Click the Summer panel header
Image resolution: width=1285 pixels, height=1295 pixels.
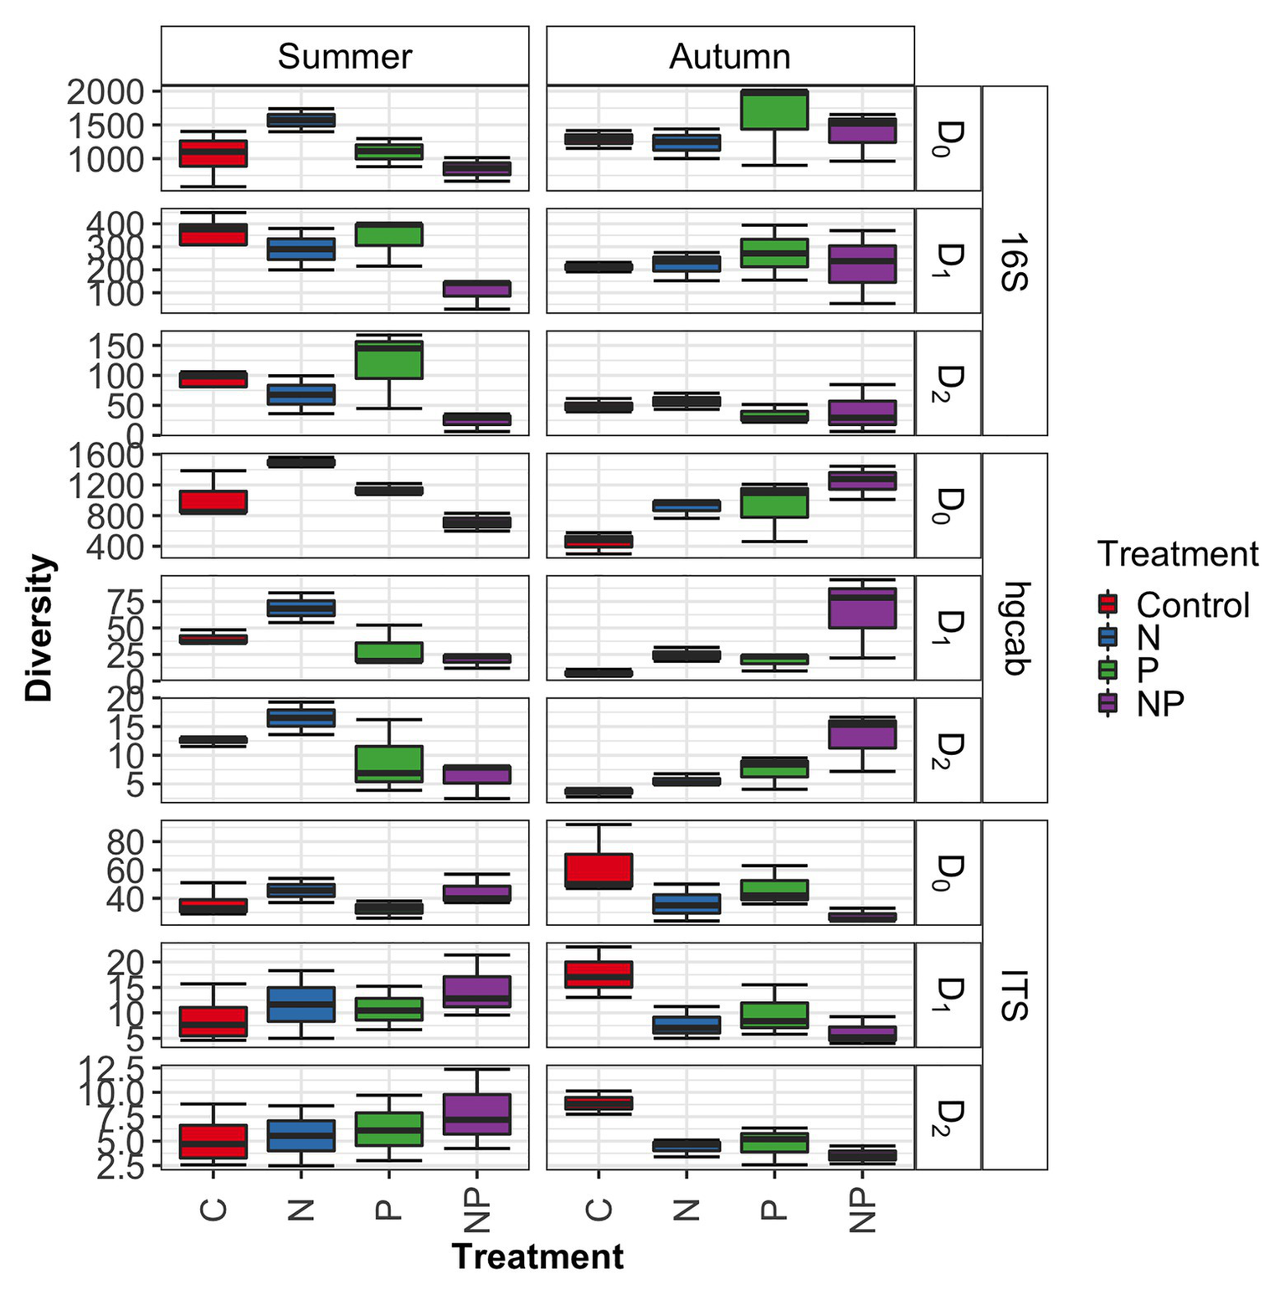(344, 56)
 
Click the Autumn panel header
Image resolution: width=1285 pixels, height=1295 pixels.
(729, 56)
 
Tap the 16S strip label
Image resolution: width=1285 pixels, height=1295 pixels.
(1014, 261)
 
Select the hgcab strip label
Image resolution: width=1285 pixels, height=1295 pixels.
(1014, 628)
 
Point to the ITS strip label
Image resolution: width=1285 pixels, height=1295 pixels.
(1014, 994)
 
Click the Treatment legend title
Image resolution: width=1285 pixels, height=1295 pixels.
(1178, 554)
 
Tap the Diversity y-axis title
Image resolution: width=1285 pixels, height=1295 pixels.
(39, 628)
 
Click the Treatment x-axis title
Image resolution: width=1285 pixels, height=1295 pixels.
(537, 1256)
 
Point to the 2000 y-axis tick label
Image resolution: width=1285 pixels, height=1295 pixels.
(105, 91)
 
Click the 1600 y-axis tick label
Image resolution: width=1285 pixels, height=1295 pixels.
(105, 456)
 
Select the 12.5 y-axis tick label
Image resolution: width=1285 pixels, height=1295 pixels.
(109, 1070)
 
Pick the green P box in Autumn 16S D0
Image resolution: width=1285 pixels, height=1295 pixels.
(774, 110)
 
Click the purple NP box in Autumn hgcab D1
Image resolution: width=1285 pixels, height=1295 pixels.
(862, 608)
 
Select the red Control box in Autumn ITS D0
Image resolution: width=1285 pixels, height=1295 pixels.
(599, 871)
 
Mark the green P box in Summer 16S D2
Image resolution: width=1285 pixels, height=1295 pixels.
(389, 360)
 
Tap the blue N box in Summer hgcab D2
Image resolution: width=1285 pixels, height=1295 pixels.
(301, 718)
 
